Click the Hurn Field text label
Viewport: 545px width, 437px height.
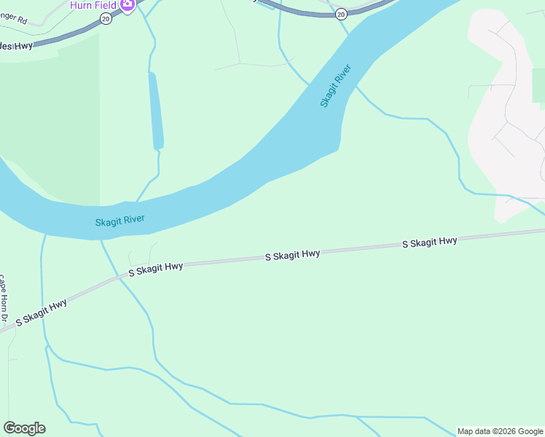[93, 5]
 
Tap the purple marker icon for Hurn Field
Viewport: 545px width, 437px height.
[128, 5]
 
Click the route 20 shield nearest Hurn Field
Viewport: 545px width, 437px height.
[106, 19]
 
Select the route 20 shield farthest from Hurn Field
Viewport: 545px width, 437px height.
[341, 14]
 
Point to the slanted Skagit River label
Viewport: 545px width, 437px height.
[336, 86]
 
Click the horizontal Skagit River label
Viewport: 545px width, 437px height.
[120, 220]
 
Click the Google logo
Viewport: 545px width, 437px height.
[24, 428]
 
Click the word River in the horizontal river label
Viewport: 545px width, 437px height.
[133, 219]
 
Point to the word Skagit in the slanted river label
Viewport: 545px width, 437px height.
[329, 95]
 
